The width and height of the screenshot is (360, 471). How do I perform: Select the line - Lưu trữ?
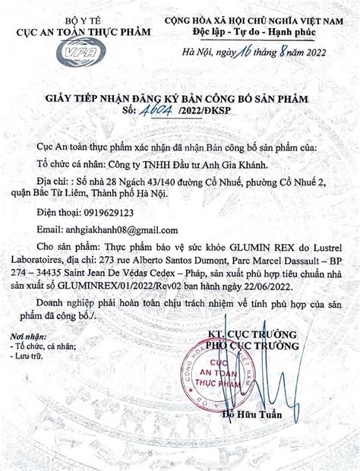point(29,352)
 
